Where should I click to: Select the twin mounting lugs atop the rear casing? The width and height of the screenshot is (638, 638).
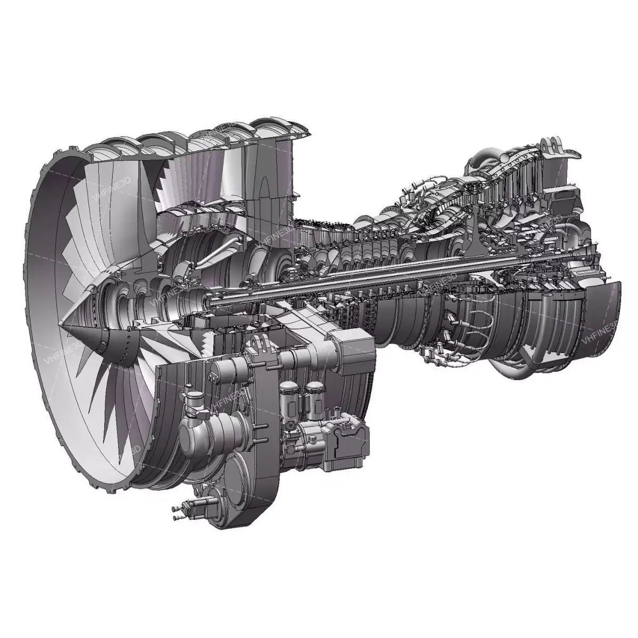point(553,146)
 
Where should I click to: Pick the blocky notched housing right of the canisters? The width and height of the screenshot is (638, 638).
point(348,439)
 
